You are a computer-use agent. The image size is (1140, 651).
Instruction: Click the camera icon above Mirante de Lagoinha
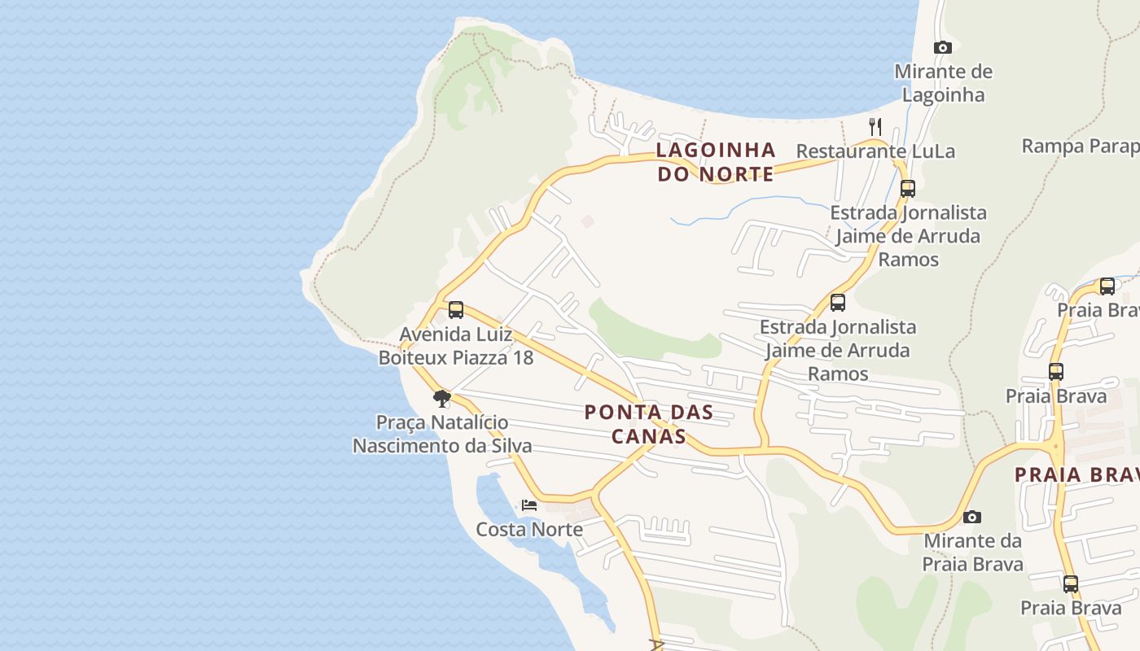tap(942, 48)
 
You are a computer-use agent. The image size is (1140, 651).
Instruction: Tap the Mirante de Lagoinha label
tap(943, 83)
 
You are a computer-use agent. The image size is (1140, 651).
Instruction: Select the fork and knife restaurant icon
tap(875, 126)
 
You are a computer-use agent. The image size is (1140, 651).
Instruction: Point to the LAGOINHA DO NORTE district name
tap(715, 162)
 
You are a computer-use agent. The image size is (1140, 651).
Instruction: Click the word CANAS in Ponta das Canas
tap(648, 436)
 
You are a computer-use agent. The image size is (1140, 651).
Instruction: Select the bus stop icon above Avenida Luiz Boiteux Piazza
tap(456, 310)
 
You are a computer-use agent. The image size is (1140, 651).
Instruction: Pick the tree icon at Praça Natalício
tap(442, 399)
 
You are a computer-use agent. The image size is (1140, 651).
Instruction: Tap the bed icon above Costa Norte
tap(529, 505)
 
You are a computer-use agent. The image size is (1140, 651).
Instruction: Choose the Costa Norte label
tap(529, 530)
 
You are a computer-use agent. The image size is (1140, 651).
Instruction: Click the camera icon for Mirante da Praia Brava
tap(971, 518)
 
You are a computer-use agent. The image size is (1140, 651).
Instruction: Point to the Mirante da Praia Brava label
tap(972, 553)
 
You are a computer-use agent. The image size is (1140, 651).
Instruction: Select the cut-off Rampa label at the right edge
tap(1080, 146)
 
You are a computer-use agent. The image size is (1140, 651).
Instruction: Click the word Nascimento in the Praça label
tap(404, 446)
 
